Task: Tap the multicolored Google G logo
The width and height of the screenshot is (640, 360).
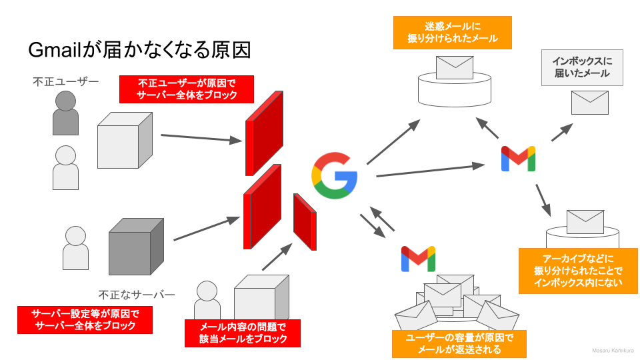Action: tap(334, 175)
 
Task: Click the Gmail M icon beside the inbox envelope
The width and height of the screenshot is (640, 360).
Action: tap(518, 158)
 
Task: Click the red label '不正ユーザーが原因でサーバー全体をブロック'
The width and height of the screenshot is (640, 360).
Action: tap(187, 89)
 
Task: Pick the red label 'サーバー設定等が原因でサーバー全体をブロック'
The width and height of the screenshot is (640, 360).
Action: tap(85, 319)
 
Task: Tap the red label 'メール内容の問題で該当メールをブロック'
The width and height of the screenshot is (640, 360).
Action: tap(243, 333)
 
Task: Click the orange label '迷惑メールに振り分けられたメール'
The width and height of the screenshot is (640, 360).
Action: tap(453, 33)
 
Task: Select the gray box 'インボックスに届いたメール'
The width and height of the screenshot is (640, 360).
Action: tap(582, 67)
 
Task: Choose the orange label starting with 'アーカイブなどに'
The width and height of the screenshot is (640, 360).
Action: tap(578, 271)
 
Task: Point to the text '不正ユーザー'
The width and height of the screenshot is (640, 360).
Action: tap(65, 81)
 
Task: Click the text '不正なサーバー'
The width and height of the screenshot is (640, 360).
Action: tap(137, 294)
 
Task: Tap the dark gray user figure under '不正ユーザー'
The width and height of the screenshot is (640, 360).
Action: tap(65, 113)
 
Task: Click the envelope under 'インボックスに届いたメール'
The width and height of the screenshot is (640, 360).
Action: tap(590, 103)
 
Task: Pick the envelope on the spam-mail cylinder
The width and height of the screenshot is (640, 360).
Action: tap(454, 67)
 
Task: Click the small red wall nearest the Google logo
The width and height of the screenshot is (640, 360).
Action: tap(305, 222)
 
